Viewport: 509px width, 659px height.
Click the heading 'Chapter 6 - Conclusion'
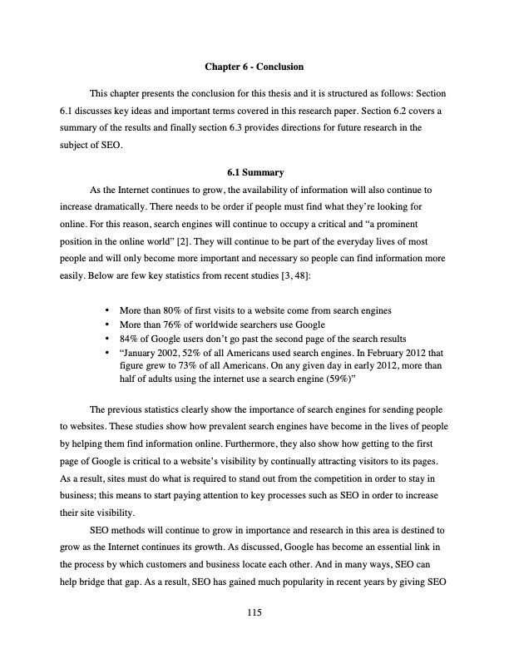point(254,66)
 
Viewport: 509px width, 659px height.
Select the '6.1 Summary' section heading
point(254,173)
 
